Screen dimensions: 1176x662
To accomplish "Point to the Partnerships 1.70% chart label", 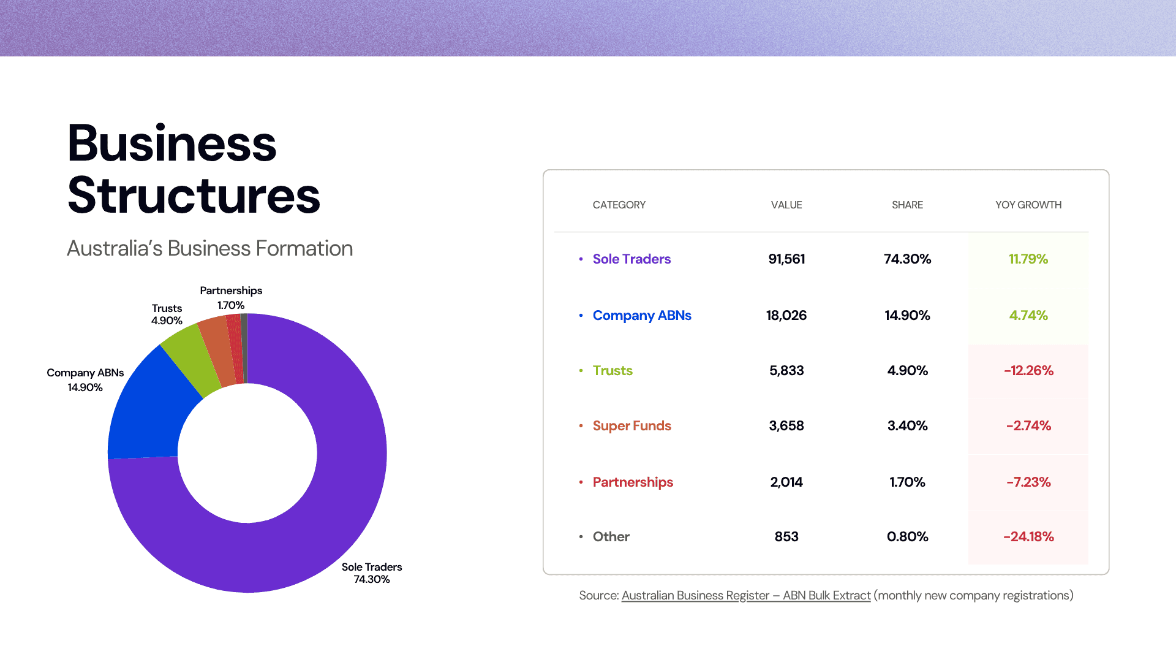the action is (231, 298).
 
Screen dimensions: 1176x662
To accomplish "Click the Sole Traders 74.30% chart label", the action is (372, 573).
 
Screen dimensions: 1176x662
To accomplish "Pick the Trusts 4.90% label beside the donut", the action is (167, 314).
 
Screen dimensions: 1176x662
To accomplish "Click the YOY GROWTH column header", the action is (1028, 205).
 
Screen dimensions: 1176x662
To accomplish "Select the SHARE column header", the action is (907, 205).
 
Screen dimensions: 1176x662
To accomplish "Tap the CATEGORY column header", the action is (619, 205).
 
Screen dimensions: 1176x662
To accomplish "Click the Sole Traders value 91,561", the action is (786, 259).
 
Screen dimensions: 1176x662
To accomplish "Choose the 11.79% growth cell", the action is (1028, 259).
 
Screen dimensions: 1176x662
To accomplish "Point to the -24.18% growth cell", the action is (1028, 536).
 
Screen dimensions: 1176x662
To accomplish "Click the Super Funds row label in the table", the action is (631, 425).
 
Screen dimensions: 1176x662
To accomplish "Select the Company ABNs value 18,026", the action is (786, 315).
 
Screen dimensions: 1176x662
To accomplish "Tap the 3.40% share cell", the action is (907, 425).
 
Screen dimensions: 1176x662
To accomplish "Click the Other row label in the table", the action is (611, 536).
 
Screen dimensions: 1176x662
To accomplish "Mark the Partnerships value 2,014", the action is (786, 482).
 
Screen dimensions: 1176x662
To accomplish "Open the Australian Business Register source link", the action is (746, 595).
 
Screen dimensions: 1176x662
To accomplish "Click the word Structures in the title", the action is (194, 196).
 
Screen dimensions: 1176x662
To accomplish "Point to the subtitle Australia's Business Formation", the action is (209, 248).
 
